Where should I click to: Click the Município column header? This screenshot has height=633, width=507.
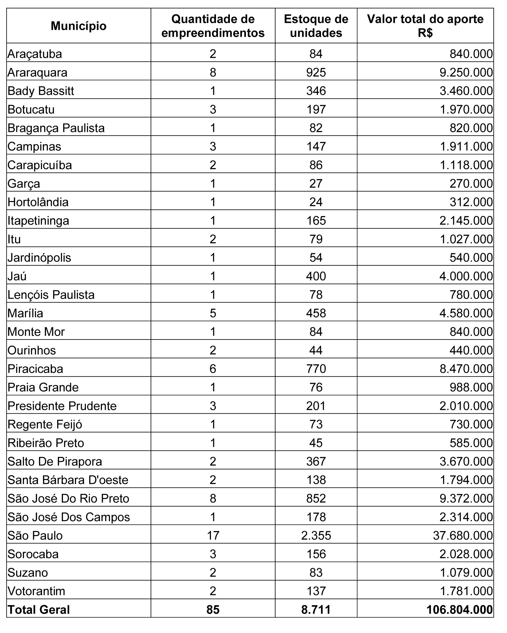[x=78, y=26]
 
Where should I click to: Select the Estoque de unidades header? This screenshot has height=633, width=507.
[x=316, y=26]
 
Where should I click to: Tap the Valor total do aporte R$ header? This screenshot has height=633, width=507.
[x=425, y=26]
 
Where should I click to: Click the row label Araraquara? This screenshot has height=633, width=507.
[x=37, y=73]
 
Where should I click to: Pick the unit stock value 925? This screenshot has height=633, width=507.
[x=316, y=73]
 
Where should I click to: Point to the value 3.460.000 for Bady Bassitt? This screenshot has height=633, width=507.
[x=466, y=91]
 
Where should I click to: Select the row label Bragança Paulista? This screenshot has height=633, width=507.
[x=56, y=128]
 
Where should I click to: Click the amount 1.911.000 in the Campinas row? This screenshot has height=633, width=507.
[x=466, y=147]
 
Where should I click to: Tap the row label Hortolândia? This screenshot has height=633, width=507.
[x=38, y=202]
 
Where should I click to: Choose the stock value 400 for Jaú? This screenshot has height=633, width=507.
[x=316, y=276]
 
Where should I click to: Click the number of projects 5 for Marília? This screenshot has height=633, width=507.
[x=213, y=313]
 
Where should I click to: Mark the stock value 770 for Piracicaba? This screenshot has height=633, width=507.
[x=316, y=369]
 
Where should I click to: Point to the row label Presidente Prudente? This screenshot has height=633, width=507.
[x=62, y=406]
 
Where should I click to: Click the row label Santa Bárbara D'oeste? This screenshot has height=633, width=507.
[x=68, y=480]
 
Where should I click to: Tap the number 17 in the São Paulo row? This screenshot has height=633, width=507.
[x=213, y=536]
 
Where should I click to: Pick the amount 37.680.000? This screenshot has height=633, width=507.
[x=463, y=536]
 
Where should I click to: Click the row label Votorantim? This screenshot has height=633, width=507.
[x=36, y=591]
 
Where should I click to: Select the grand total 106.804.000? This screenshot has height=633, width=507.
[x=459, y=610]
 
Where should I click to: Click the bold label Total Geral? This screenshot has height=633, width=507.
[x=39, y=610]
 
